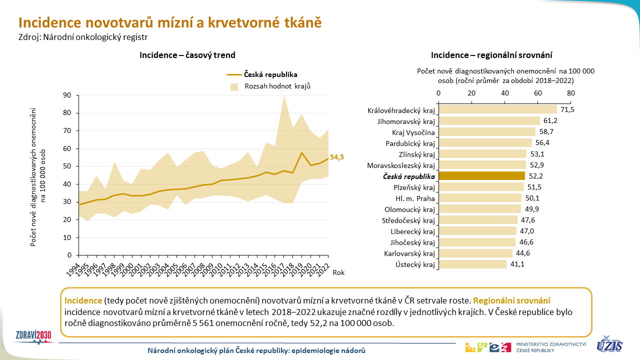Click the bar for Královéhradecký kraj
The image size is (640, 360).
497,109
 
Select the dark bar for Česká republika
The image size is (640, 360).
481,176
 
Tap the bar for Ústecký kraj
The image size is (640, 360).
472,264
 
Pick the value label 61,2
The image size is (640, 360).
550,120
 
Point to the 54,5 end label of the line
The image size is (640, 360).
337,157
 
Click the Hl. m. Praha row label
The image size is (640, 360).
415,198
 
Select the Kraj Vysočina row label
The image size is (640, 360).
413,132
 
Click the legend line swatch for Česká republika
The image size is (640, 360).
234,75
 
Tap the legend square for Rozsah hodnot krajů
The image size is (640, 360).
234,87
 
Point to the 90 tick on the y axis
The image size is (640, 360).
67,95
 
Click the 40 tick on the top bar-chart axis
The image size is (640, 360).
505,93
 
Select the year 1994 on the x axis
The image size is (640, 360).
73,270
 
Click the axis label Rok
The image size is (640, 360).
338,272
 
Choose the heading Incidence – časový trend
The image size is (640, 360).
187,55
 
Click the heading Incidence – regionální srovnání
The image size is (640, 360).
491,55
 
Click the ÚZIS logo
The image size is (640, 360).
609,344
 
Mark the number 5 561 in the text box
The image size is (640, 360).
203,323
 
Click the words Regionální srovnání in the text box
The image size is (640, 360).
511,301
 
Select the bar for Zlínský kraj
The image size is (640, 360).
482,154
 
